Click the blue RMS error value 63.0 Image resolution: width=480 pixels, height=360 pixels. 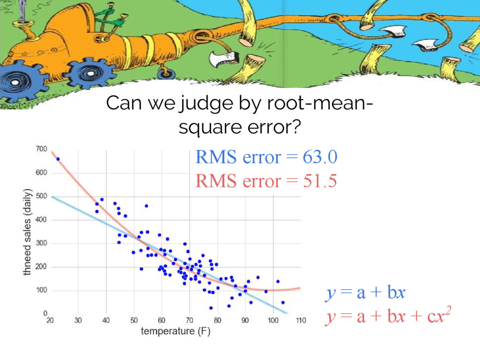pos(320,157)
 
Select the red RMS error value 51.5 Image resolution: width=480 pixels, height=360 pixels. pos(320,180)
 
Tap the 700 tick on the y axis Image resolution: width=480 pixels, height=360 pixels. pos(41,149)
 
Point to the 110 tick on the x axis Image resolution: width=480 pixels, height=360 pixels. pos(301,321)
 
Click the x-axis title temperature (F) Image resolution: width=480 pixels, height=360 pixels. pos(176,331)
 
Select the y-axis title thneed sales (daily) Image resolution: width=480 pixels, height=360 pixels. pos(28,232)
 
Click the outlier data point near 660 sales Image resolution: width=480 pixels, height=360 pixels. pos(58,159)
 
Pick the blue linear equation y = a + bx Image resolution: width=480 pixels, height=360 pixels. pos(365,292)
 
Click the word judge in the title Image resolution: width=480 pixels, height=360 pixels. pos(207,104)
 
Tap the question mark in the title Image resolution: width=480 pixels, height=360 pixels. pos(295,127)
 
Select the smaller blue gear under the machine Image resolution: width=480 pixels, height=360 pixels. pos(90,74)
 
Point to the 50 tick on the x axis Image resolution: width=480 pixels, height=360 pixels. pos(134,321)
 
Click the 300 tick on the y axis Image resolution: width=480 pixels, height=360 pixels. pos(41,243)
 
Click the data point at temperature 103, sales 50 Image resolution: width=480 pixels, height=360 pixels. pos(283,302)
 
